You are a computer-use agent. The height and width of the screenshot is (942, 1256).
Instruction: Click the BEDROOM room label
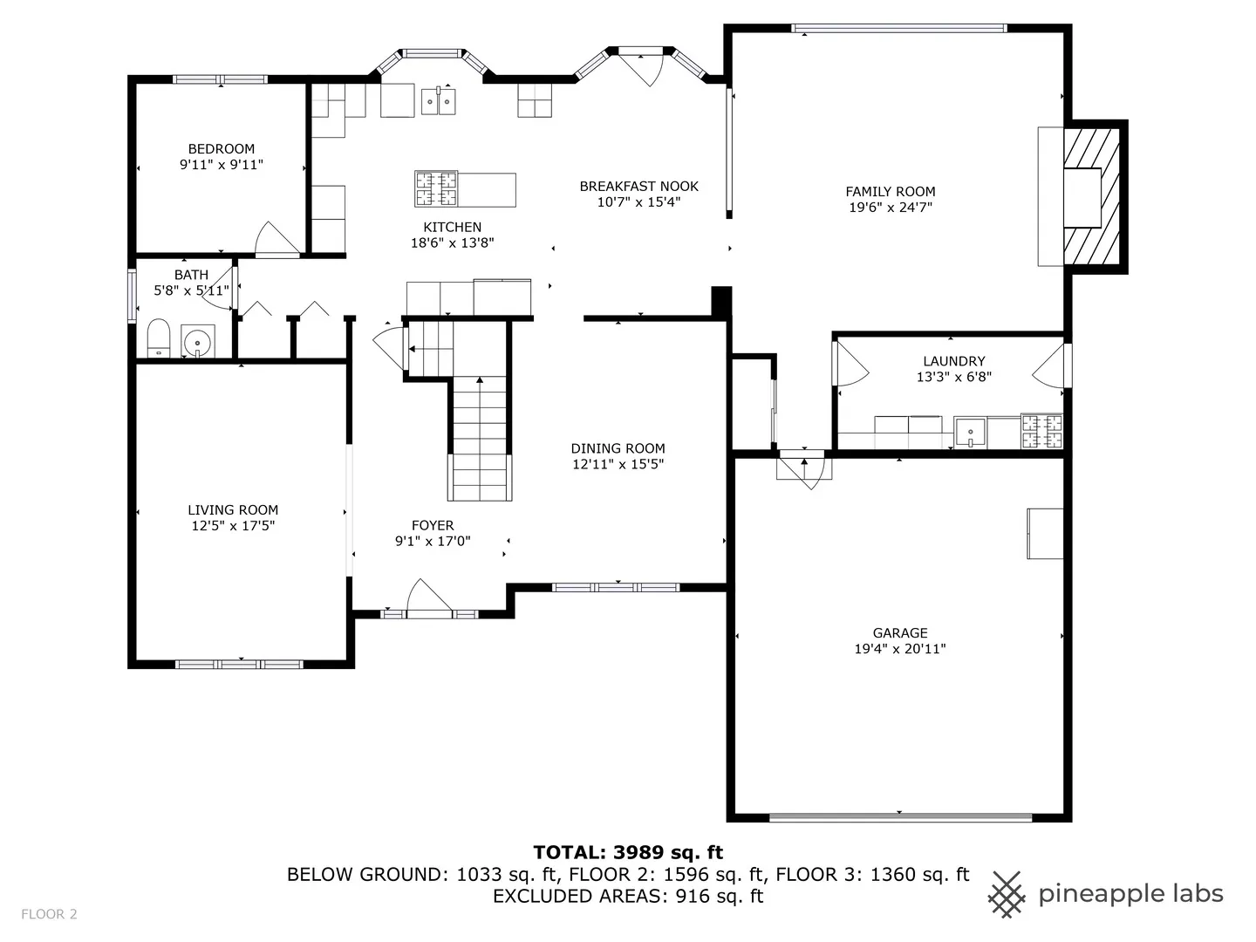click(221, 148)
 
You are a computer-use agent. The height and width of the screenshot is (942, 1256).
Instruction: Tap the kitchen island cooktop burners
click(436, 188)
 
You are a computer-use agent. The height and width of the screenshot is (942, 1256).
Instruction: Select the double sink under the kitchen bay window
click(439, 101)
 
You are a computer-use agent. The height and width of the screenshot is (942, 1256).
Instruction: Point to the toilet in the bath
click(159, 338)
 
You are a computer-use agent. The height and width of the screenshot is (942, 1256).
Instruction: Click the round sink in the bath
click(197, 342)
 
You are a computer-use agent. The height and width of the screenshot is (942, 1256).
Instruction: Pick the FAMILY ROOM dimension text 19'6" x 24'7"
click(891, 207)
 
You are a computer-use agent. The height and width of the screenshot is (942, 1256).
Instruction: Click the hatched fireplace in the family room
click(1091, 196)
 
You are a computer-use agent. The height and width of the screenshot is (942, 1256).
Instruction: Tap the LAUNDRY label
click(954, 361)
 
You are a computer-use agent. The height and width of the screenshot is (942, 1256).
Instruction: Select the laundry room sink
click(970, 432)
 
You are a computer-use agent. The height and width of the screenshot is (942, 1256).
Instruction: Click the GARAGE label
click(900, 632)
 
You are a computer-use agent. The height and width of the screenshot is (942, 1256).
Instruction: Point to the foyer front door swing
click(429, 596)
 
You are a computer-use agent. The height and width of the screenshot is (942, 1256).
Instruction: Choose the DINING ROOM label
click(618, 448)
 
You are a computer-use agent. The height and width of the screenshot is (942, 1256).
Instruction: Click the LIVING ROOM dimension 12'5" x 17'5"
click(233, 525)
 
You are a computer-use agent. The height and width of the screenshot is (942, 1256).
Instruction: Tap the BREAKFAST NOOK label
click(638, 187)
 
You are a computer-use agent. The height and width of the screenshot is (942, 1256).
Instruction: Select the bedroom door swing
click(277, 238)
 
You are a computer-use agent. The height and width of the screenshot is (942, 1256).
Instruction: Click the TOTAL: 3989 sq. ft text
click(628, 852)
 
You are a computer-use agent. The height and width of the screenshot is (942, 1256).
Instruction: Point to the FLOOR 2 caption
click(49, 914)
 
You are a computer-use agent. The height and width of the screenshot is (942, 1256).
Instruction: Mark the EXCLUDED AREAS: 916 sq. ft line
click(628, 897)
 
